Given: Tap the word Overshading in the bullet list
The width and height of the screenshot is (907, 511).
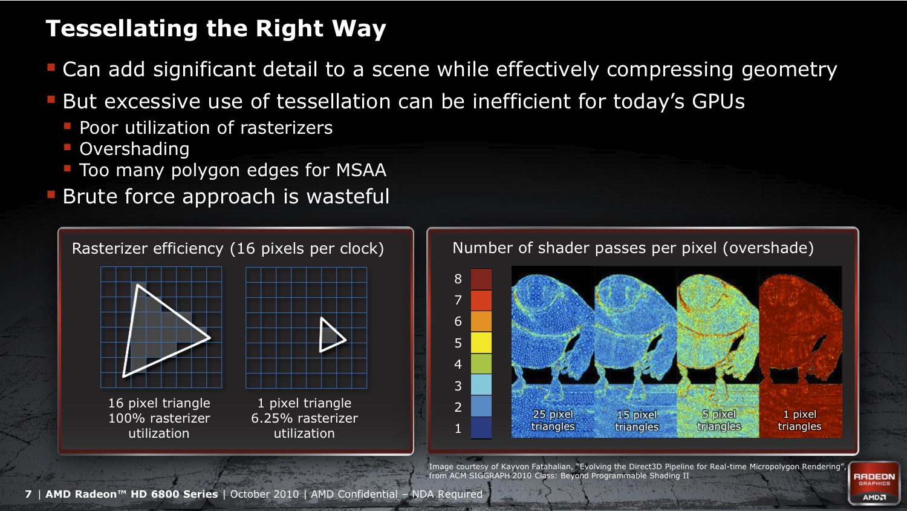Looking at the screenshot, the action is (x=134, y=150).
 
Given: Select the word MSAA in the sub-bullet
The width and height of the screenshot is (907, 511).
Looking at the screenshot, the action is (x=361, y=170).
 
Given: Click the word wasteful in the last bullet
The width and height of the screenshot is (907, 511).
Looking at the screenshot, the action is (x=348, y=197).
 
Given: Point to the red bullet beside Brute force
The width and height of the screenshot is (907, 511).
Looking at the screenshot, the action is (x=51, y=196).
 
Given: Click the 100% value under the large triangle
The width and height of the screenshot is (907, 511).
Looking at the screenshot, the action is (x=125, y=418).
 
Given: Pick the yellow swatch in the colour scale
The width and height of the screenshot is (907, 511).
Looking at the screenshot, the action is (x=481, y=343).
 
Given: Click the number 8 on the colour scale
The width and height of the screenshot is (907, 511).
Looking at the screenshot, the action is (x=458, y=279).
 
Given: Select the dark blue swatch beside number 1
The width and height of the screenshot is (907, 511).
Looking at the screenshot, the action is (x=481, y=428).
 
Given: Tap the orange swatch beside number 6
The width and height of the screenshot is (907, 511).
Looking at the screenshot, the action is (x=481, y=321).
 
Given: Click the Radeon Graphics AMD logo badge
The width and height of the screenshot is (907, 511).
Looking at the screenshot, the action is (x=874, y=483).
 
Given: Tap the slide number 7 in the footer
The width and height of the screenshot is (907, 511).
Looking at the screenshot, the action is (x=28, y=494).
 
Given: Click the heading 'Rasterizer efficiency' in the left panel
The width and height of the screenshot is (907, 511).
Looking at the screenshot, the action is (x=148, y=248).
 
